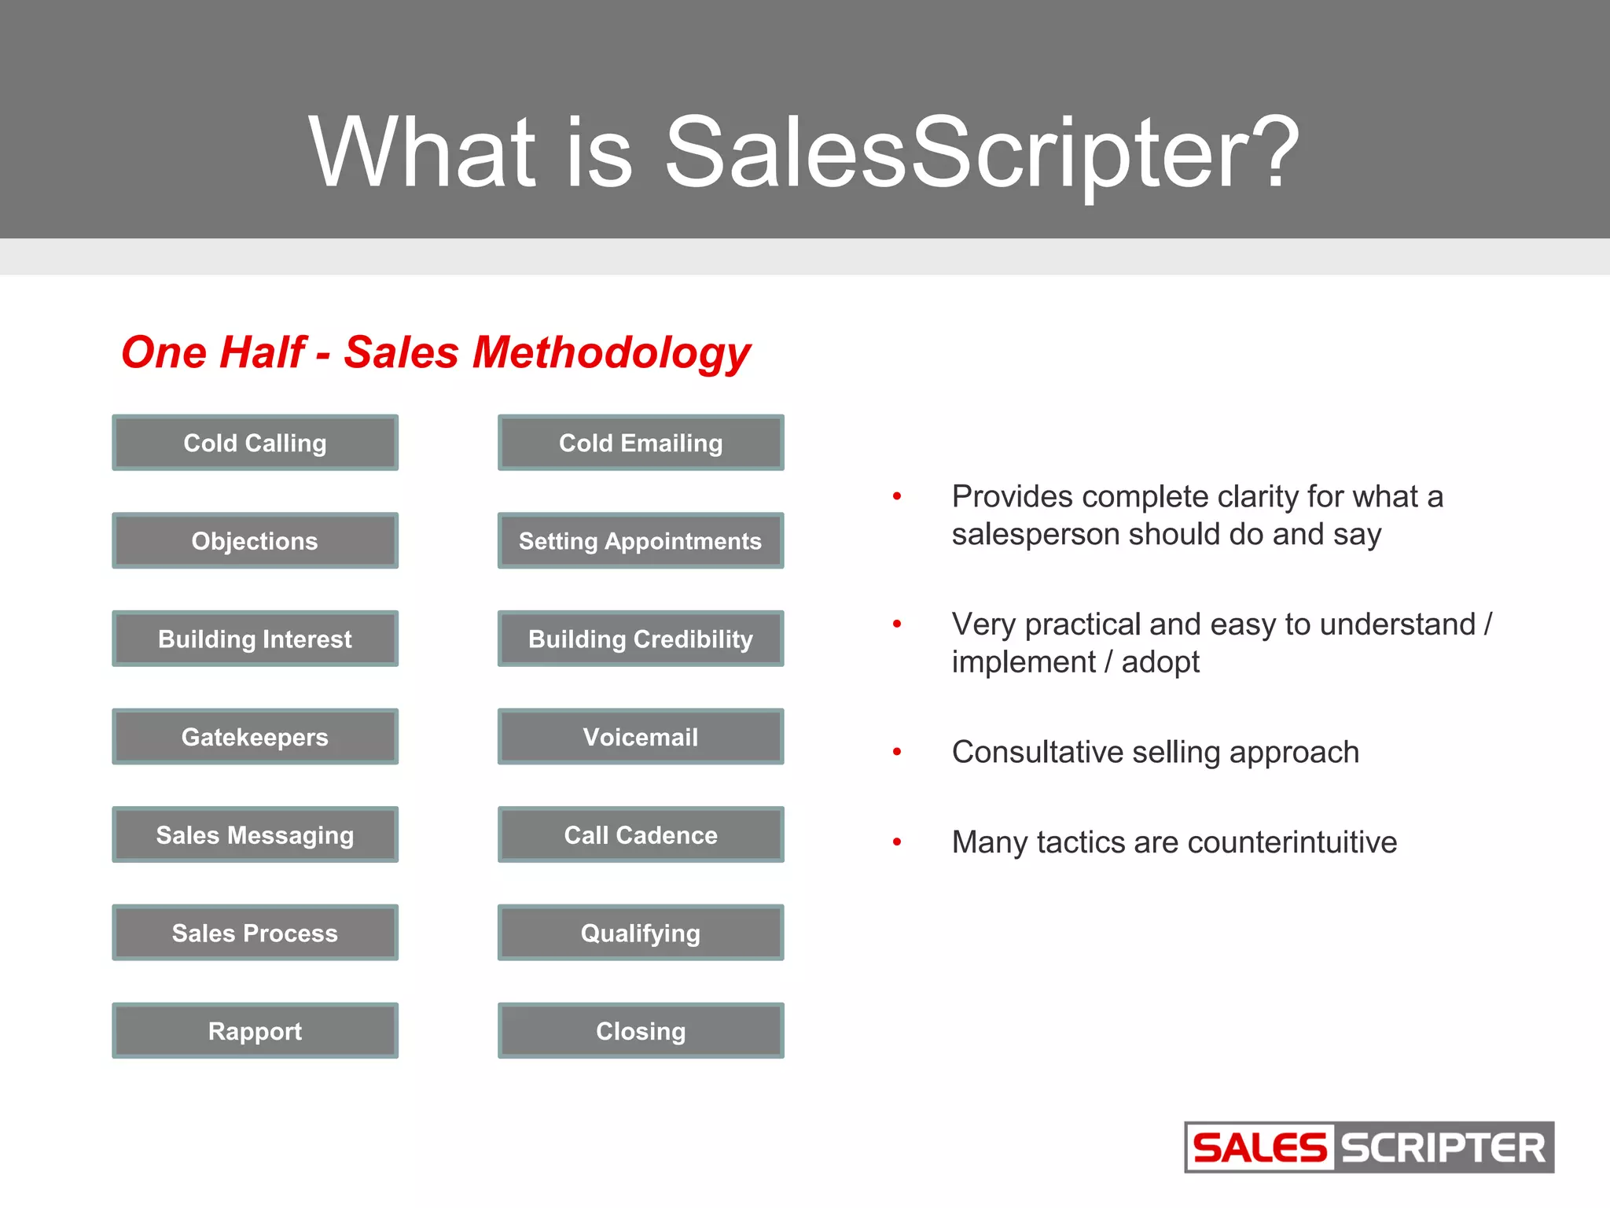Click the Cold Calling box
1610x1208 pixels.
(x=255, y=443)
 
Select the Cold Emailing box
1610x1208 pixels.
(x=641, y=443)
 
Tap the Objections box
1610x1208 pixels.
(x=255, y=541)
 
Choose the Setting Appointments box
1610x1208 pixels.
(x=641, y=541)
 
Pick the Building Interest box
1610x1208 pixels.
(x=255, y=639)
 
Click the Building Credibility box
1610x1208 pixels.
(x=641, y=639)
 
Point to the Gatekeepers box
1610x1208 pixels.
(x=255, y=737)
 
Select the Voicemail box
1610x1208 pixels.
(x=641, y=737)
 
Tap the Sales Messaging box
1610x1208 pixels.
(x=255, y=834)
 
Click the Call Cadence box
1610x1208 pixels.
(x=641, y=834)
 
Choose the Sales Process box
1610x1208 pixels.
(x=255, y=933)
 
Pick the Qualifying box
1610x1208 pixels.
(x=641, y=933)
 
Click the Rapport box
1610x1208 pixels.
(x=255, y=1030)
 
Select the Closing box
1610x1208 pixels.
(x=641, y=1030)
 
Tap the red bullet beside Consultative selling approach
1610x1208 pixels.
(x=897, y=753)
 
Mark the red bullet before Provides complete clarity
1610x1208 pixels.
(x=897, y=496)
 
